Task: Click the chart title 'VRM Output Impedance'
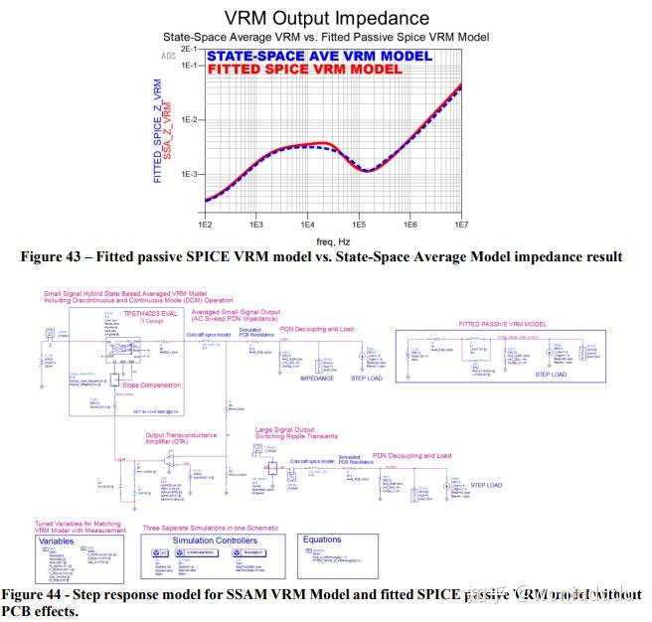click(327, 18)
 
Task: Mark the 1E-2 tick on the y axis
click(189, 120)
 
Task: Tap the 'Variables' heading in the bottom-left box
click(57, 542)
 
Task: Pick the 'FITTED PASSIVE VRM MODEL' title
click(502, 324)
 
